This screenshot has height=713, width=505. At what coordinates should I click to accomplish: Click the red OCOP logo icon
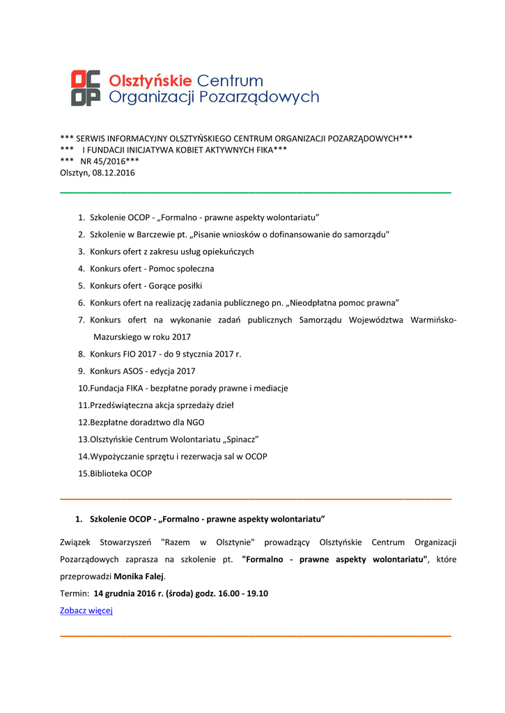[x=86, y=88]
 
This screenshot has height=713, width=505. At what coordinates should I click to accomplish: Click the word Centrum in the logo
[x=231, y=80]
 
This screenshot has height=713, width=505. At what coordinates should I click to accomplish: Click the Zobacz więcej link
[x=86, y=611]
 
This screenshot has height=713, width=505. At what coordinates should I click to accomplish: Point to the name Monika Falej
[x=139, y=577]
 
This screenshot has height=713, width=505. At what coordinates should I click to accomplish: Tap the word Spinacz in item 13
[x=240, y=439]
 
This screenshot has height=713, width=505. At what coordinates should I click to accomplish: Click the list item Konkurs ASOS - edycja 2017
[x=142, y=371]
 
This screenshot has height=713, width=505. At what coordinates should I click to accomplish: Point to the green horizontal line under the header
[x=256, y=191]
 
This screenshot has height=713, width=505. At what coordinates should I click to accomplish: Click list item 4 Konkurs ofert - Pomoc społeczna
[x=151, y=269]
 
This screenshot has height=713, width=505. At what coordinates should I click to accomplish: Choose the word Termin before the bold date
[x=74, y=594]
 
